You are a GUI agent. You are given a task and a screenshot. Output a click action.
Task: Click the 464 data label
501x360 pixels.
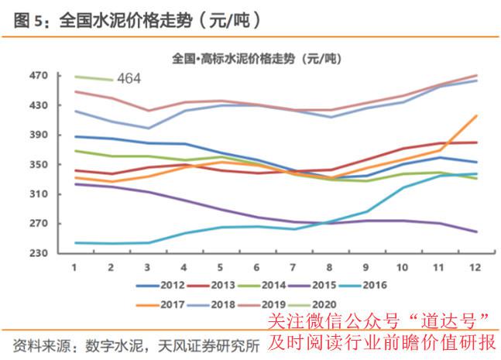point(129,78)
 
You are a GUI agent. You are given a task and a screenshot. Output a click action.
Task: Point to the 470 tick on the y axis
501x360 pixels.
point(39,76)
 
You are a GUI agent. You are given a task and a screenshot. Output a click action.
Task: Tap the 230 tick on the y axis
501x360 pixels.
point(39,253)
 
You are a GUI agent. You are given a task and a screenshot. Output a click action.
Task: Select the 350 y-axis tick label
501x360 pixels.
point(39,164)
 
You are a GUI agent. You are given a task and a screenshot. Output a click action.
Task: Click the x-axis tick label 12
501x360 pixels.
point(475,267)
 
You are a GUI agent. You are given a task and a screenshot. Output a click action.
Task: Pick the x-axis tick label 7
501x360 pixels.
point(293,267)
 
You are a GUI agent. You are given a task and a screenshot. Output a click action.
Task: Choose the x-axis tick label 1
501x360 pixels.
point(74,267)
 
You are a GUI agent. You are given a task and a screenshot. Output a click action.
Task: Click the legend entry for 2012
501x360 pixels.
point(160,285)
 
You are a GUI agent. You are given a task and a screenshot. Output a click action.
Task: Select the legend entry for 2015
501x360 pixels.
point(312,285)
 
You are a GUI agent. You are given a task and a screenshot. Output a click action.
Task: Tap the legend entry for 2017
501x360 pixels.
point(160,305)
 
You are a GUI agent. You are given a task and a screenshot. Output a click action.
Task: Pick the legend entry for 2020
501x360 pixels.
point(312,305)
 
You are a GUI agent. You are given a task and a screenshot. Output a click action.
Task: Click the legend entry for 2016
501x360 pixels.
point(362,285)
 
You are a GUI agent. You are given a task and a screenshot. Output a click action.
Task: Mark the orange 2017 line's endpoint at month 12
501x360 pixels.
point(477,115)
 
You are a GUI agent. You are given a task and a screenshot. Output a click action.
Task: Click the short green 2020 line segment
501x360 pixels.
point(94,78)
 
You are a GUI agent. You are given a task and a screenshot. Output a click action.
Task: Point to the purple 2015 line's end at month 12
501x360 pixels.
point(477,232)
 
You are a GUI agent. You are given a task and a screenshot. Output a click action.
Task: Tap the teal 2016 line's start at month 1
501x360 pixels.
point(75,243)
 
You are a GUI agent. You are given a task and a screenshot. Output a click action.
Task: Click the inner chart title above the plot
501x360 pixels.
point(256,59)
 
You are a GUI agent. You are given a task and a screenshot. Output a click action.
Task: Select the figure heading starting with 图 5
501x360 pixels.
point(138,20)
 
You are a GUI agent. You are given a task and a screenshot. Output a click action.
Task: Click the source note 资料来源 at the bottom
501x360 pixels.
point(136,346)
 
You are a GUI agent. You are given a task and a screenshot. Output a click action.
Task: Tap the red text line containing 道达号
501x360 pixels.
point(379,321)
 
